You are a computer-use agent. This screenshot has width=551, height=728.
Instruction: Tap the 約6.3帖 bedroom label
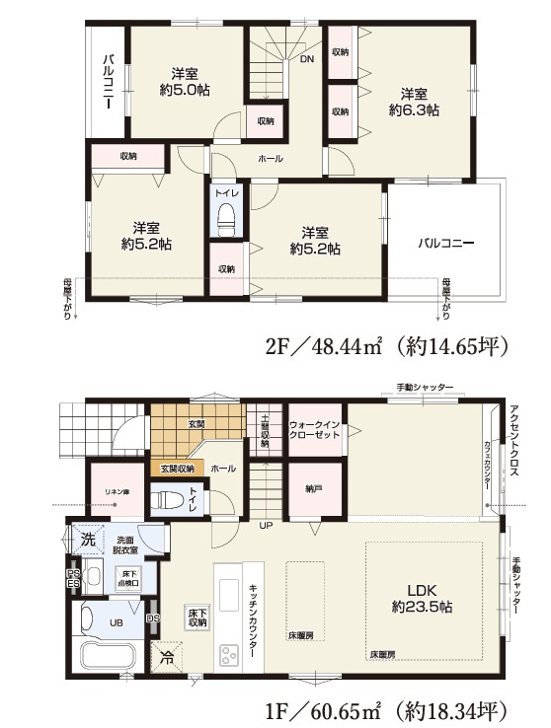414,103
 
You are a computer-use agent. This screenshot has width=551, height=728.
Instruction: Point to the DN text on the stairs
307,59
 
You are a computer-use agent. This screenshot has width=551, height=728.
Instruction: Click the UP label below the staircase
266,526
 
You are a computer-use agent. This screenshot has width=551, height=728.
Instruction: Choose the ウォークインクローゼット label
316,431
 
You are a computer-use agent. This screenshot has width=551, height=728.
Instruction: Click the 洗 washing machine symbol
88,540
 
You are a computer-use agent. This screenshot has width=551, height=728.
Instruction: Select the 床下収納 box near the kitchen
197,617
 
